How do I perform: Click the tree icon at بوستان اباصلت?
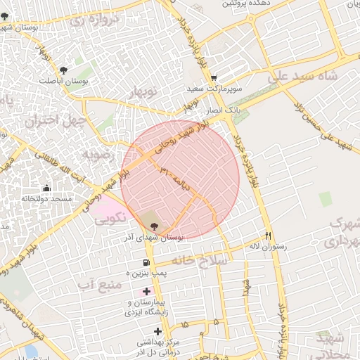64,70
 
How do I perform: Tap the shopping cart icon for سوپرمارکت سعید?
214,78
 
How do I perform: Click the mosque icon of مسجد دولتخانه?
46,188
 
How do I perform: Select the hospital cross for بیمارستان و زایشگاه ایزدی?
146,291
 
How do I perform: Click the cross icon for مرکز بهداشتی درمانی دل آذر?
157,330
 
